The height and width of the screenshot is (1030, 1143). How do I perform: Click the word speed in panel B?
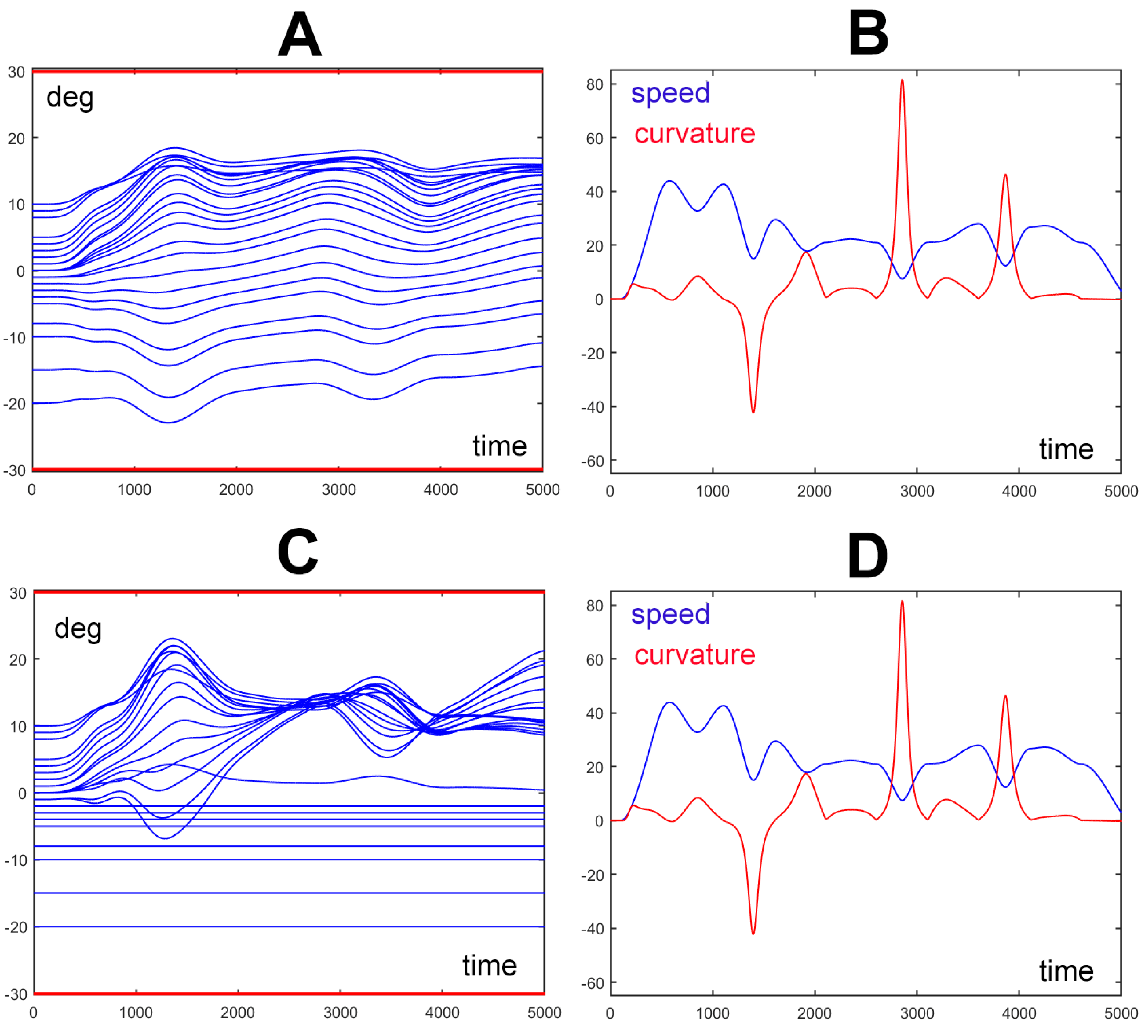point(670,93)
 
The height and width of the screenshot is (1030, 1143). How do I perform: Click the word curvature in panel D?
point(694,655)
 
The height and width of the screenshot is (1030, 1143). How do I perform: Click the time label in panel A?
point(499,446)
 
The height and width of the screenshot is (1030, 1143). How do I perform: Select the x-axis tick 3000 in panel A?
point(338,490)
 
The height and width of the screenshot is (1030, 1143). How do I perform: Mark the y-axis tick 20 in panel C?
point(17,660)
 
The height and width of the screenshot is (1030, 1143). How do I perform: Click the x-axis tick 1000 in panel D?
point(712,1013)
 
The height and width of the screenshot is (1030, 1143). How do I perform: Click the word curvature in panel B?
point(694,134)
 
